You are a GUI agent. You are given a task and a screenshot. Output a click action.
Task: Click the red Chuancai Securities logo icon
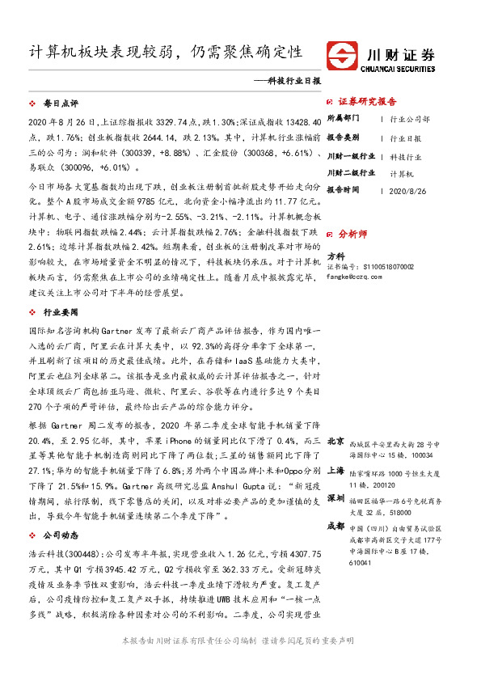click(x=343, y=55)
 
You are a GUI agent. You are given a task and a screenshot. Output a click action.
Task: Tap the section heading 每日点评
click(x=60, y=105)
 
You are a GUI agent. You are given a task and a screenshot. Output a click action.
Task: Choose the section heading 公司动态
click(x=60, y=513)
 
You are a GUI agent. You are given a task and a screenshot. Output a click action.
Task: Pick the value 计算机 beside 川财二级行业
click(x=403, y=173)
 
